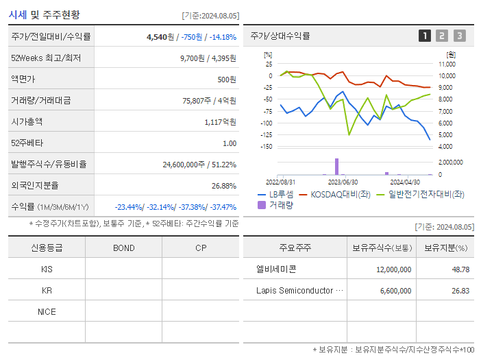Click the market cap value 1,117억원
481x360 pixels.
coord(220,122)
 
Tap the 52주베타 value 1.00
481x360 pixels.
coord(230,143)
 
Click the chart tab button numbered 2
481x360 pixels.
coord(442,36)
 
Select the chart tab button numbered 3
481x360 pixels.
coord(459,36)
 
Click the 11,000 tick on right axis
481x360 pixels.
coord(447,64)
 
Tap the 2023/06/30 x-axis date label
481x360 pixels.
coord(343,182)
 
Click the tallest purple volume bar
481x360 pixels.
coord(336,167)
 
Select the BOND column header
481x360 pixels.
coord(123,248)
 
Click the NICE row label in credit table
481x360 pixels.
coord(47,311)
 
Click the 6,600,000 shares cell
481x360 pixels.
coord(394,291)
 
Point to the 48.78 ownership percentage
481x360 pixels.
coord(460,269)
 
